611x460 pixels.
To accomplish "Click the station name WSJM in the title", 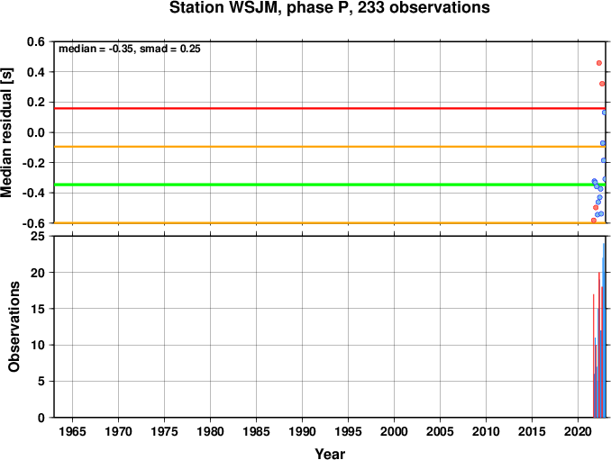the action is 250,8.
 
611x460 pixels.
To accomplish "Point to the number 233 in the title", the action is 370,8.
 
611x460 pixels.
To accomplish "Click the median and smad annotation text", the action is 130,49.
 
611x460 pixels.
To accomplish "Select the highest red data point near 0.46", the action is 599,63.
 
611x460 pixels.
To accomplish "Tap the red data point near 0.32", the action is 602,84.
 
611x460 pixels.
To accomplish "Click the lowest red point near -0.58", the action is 594,221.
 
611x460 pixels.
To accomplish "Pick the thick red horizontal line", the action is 330,108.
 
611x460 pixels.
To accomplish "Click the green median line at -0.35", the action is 330,185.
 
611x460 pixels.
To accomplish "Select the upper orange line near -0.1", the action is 330,147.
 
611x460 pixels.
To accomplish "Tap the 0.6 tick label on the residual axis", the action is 36,41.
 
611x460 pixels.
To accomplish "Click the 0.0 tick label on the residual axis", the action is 36,132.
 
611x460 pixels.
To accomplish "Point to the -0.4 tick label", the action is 33,193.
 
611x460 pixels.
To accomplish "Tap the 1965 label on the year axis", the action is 72,431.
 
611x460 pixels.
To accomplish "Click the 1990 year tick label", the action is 303,431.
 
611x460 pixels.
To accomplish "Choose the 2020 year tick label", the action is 579,431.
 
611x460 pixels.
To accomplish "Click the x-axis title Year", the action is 330,454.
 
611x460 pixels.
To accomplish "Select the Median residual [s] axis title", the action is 6,132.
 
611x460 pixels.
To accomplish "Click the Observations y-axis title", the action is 14,327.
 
